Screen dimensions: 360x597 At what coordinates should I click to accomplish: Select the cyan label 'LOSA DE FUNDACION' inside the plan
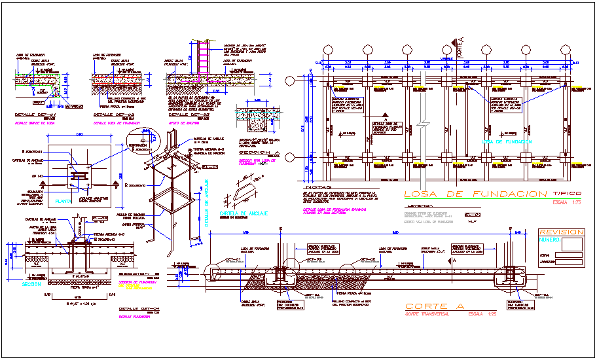point(506,141)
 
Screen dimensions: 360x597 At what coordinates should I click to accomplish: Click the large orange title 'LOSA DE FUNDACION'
point(475,194)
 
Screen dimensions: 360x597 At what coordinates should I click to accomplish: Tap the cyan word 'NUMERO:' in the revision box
point(549,241)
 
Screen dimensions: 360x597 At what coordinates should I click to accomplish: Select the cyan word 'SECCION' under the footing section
point(31,284)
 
